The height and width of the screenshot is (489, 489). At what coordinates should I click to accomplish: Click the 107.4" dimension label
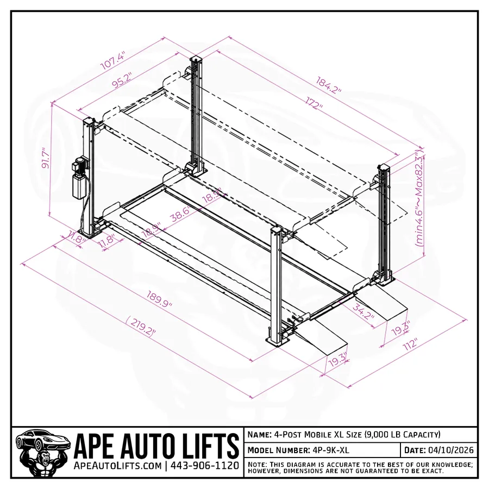click(x=113, y=60)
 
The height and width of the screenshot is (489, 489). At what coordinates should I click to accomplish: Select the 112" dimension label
click(x=409, y=344)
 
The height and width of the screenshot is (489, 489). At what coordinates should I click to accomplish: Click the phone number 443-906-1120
click(x=205, y=466)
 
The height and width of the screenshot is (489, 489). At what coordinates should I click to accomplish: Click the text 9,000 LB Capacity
click(x=402, y=435)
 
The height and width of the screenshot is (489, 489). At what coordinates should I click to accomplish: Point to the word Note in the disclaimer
click(x=258, y=465)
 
